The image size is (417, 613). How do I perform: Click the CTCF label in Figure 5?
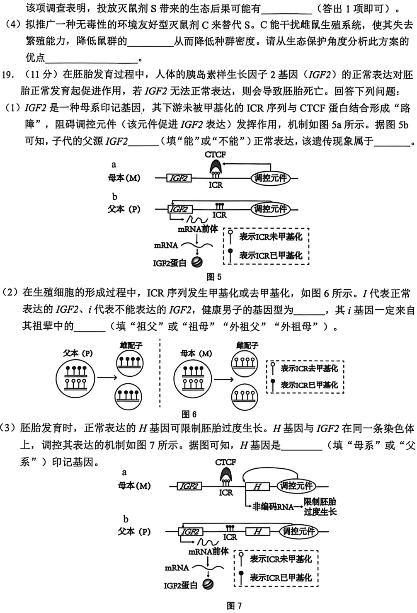(x=215, y=155)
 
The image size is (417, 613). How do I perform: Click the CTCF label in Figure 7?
(x=225, y=462)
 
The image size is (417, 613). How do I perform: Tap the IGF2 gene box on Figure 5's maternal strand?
(x=179, y=178)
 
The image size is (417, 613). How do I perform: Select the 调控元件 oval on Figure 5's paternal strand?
(x=271, y=209)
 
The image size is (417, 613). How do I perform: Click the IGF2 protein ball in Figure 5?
(x=197, y=262)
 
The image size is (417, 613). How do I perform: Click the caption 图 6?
(x=189, y=414)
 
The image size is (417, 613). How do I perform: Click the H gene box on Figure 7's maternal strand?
(x=257, y=486)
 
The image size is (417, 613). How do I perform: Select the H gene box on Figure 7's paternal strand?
(x=257, y=531)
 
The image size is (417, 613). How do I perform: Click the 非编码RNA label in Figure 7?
(x=273, y=506)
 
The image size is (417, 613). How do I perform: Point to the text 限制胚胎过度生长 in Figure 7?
(x=320, y=506)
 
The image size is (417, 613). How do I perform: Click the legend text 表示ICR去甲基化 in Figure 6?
(x=309, y=368)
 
